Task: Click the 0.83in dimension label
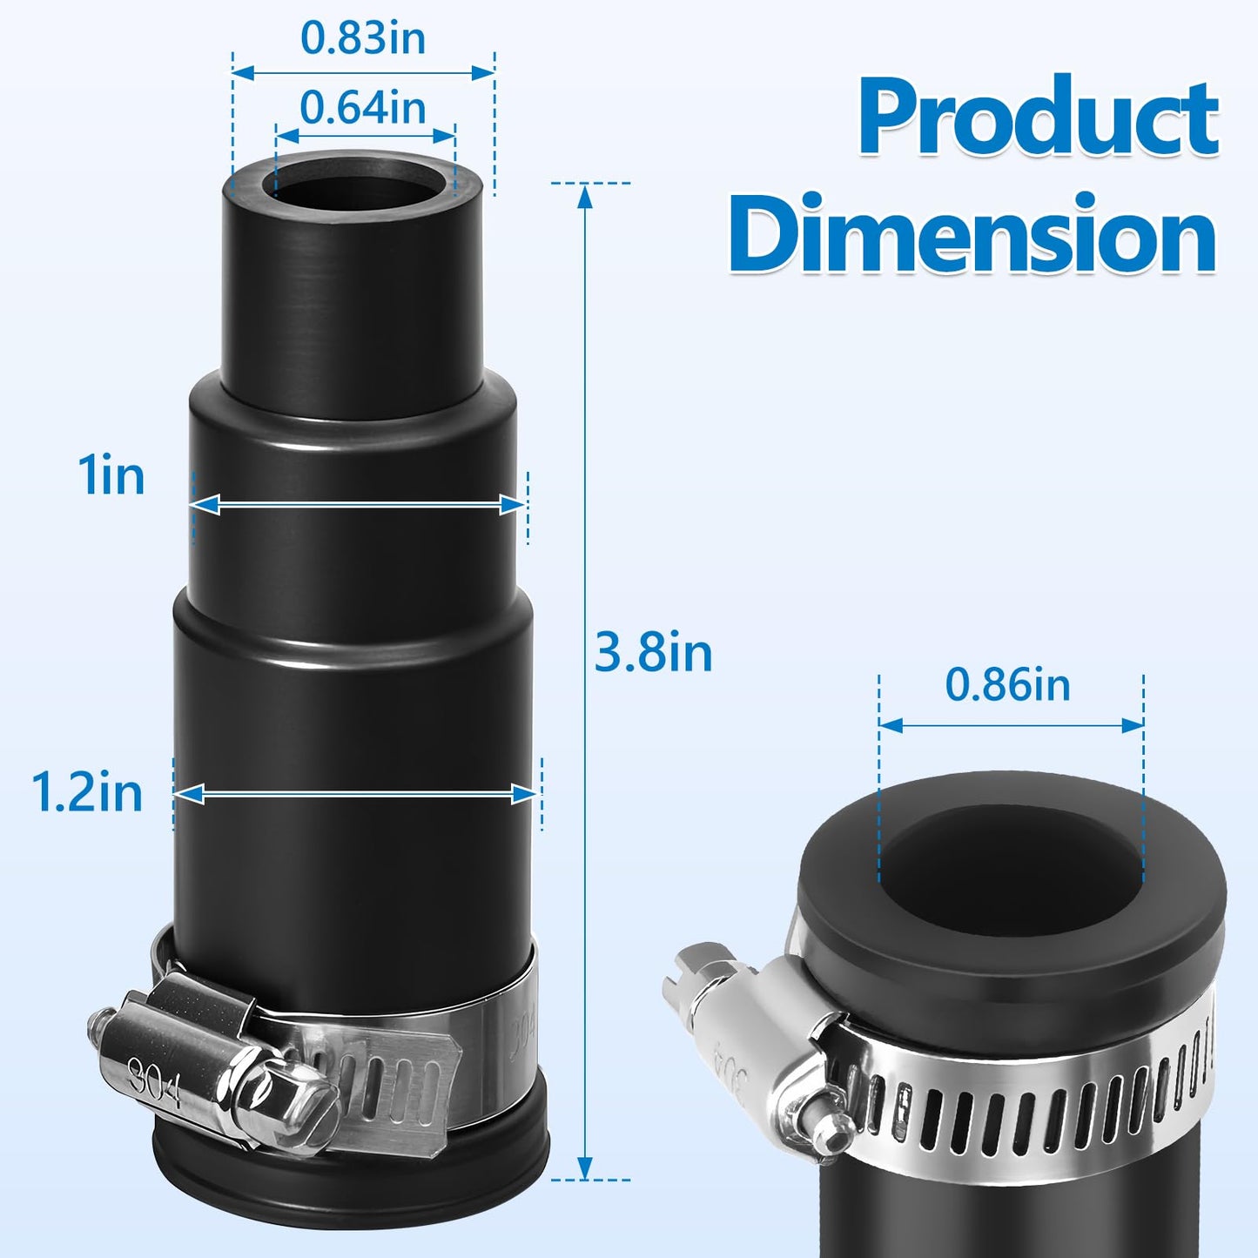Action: pyautogui.click(x=363, y=38)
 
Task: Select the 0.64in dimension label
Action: pyautogui.click(x=363, y=108)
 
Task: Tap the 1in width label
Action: pyautogui.click(x=111, y=476)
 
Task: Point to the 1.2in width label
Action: pyautogui.click(x=87, y=792)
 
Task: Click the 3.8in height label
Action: pyautogui.click(x=653, y=652)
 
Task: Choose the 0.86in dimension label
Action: pyautogui.click(x=1008, y=685)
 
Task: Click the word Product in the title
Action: pyautogui.click(x=1038, y=117)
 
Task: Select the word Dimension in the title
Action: pyautogui.click(x=972, y=233)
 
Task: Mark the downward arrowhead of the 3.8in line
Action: pyautogui.click(x=585, y=1167)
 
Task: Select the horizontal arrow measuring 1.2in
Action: pyautogui.click(x=357, y=793)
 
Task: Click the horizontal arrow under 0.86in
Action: pyautogui.click(x=1011, y=725)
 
